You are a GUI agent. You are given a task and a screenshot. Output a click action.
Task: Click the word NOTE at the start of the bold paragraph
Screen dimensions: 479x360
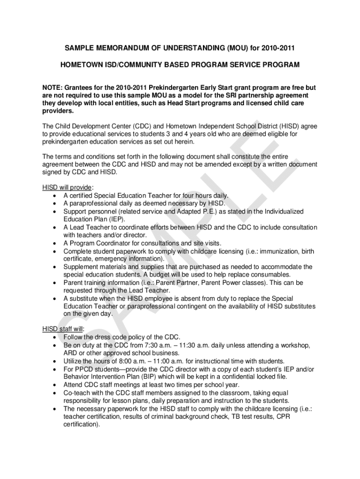[x=52, y=87]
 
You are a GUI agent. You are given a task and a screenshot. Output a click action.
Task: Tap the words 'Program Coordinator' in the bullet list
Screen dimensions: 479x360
[x=97, y=243]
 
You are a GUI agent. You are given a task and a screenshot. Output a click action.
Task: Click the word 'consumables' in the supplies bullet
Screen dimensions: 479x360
[x=268, y=275]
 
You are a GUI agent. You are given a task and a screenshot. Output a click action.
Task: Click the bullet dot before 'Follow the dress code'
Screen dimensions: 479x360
[x=56, y=337]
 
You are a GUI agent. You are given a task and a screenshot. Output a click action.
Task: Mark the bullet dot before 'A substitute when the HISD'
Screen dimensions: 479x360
[x=56, y=298]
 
